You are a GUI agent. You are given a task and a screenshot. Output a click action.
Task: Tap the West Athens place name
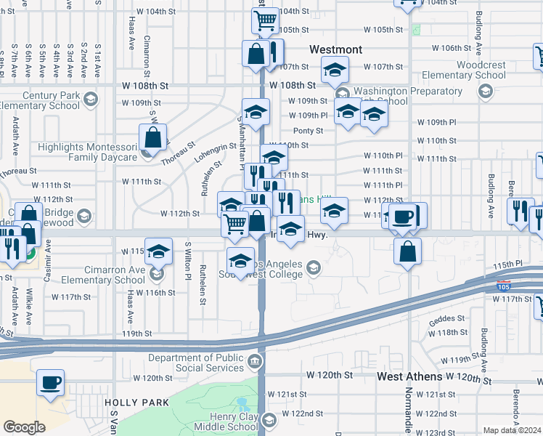[x=409, y=376]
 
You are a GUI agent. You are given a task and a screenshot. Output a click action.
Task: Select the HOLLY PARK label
[x=136, y=402]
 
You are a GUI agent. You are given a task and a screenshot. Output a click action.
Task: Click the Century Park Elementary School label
[x=41, y=100]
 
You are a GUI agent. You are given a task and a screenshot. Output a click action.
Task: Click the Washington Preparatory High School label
[x=399, y=96]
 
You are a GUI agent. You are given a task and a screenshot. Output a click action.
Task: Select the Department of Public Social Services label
[x=197, y=363]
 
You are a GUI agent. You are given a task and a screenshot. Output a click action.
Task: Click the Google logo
[x=24, y=427]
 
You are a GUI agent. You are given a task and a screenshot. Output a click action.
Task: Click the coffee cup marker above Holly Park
[x=50, y=382]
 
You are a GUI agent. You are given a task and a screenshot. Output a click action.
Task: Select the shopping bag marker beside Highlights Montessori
[x=153, y=137]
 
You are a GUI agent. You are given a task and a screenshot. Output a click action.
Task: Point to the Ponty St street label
[x=308, y=131]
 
